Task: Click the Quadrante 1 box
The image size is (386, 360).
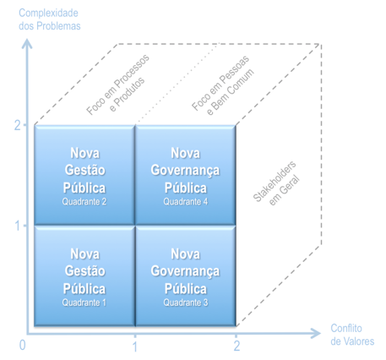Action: click(x=84, y=276)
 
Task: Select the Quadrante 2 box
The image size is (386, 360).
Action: click(x=84, y=175)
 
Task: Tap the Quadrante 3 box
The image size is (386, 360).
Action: click(x=186, y=276)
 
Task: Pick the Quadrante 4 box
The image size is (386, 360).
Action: click(x=186, y=175)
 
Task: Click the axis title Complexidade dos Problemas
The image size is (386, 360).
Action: click(x=50, y=19)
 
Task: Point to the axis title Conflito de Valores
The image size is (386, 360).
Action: click(x=352, y=335)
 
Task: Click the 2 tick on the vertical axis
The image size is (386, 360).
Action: click(x=18, y=125)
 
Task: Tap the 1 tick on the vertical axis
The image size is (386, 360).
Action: click(x=18, y=226)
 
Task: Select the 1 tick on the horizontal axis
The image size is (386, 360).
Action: click(x=135, y=346)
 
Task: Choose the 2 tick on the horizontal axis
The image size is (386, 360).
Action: click(x=236, y=346)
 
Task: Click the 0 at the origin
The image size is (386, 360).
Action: click(x=22, y=345)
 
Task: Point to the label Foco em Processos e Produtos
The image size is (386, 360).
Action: click(x=118, y=85)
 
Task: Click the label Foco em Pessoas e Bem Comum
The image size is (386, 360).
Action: click(x=223, y=85)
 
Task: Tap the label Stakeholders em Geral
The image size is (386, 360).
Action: click(x=276, y=183)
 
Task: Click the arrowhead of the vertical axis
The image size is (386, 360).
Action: click(x=27, y=44)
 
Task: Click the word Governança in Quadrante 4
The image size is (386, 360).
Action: click(x=185, y=171)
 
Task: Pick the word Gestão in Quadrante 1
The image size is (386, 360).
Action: click(x=84, y=270)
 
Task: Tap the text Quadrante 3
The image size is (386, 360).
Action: click(x=186, y=303)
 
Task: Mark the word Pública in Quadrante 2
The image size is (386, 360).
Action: click(x=84, y=188)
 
